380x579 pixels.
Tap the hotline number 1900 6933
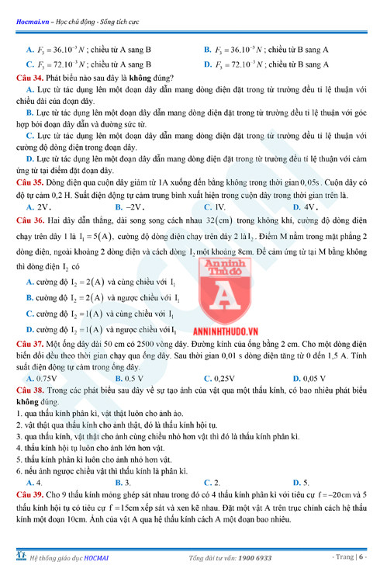(x=254, y=559)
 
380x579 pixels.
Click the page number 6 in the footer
(x=361, y=559)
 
